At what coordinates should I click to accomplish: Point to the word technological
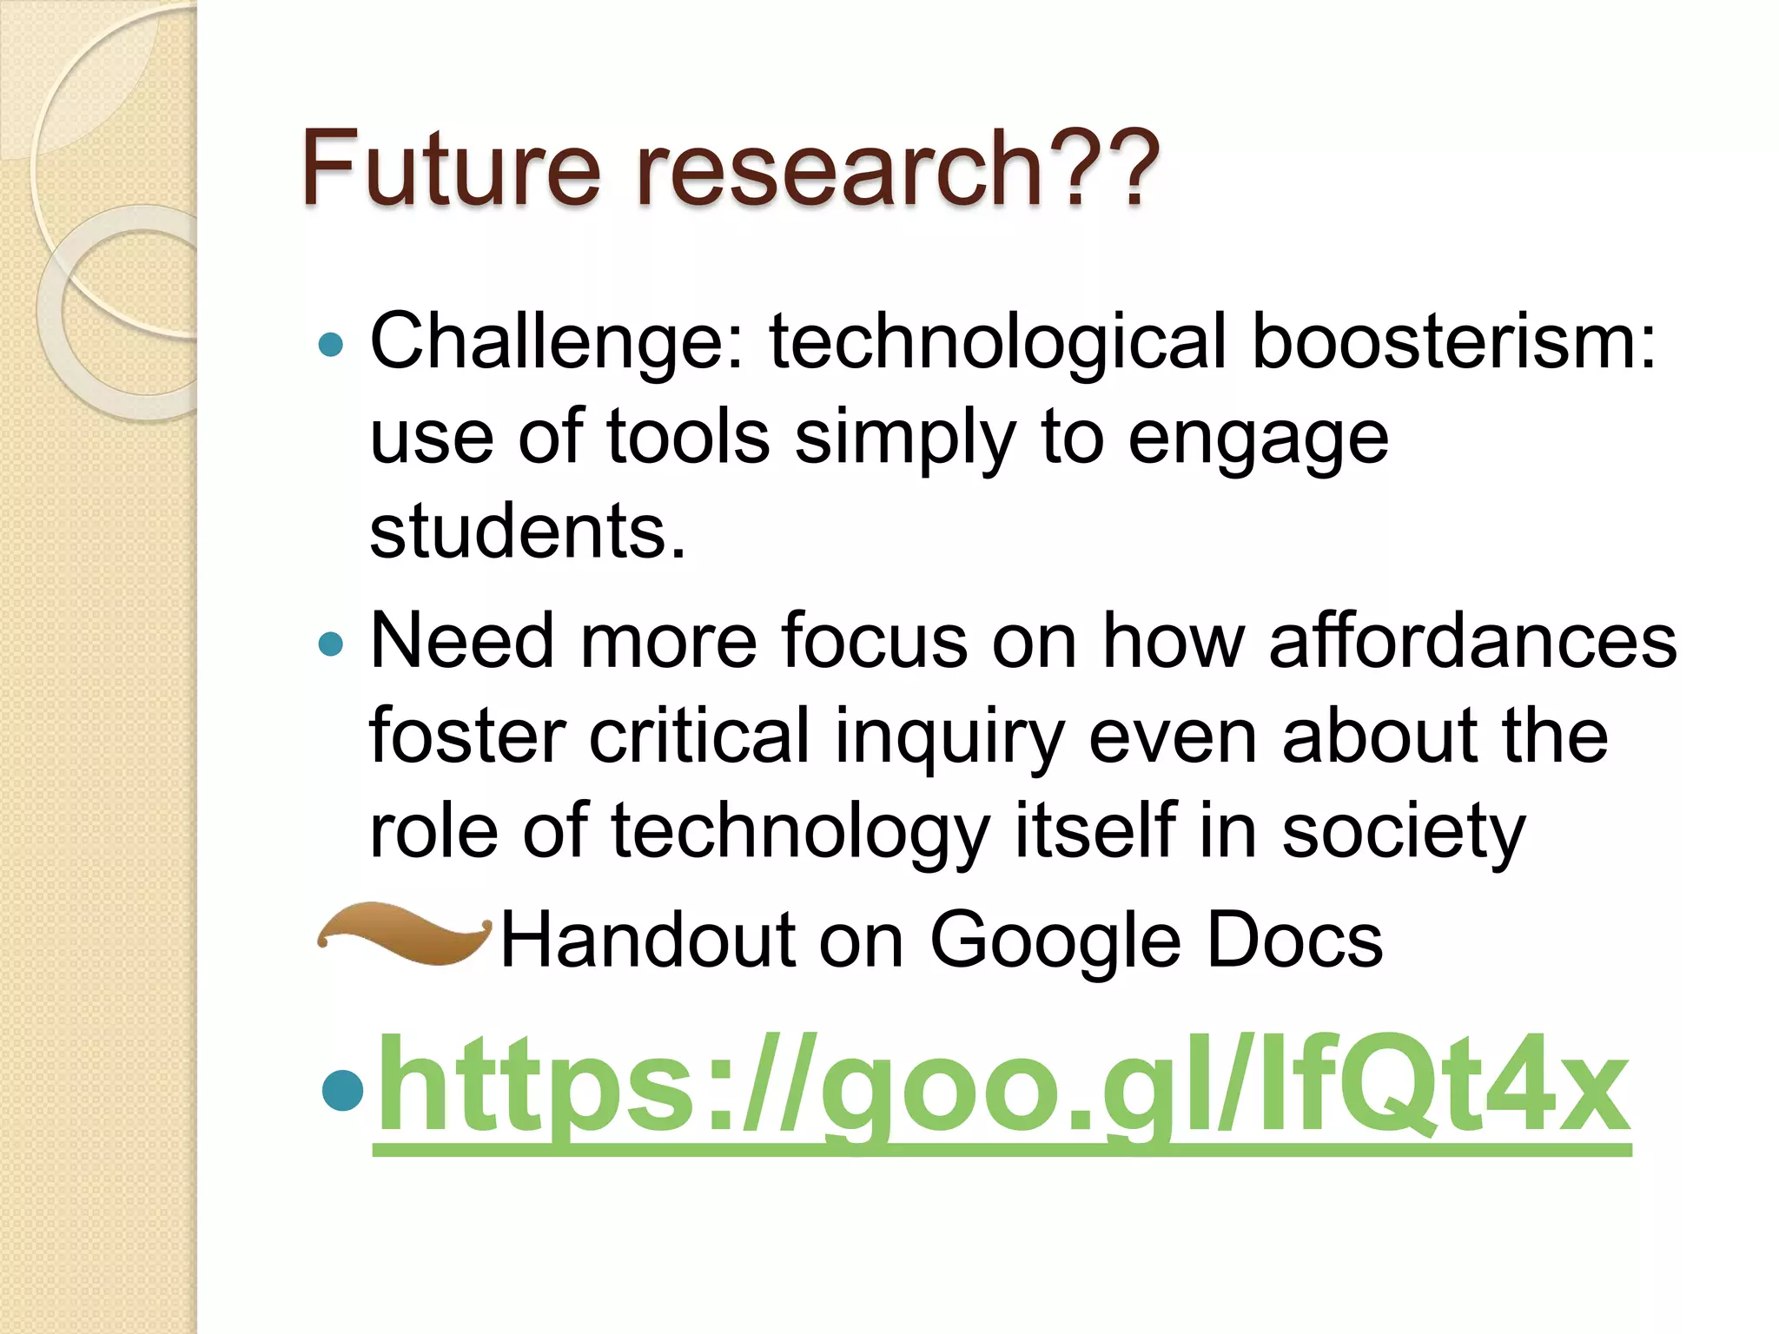click(x=998, y=343)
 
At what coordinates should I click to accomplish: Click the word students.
click(x=527, y=531)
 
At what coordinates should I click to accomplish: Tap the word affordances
click(x=1473, y=641)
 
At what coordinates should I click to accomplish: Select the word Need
click(x=461, y=641)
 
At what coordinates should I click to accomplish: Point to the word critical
click(x=699, y=736)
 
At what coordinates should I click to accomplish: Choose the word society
click(x=1403, y=832)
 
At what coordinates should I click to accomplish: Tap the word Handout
click(x=648, y=941)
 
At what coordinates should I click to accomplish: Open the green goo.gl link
click(x=1002, y=1090)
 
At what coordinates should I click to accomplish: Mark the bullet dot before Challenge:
click(x=332, y=346)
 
